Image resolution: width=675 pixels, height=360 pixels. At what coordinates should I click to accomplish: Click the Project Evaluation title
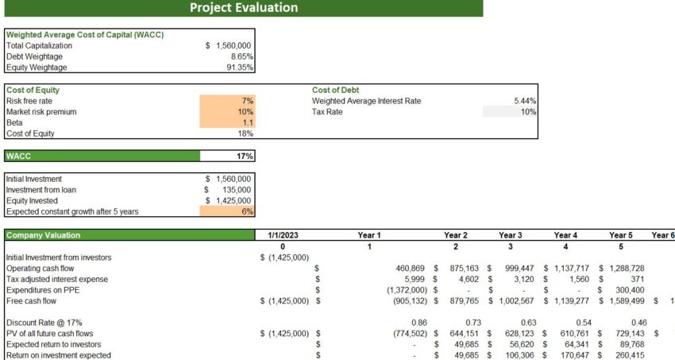[x=244, y=8]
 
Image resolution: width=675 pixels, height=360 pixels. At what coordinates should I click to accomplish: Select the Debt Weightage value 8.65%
[x=239, y=57]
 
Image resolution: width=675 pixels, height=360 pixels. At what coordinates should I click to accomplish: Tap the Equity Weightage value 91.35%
[x=238, y=68]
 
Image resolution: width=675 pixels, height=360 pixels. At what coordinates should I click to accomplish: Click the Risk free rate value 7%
[x=247, y=101]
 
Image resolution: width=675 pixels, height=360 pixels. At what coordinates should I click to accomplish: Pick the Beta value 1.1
[x=247, y=123]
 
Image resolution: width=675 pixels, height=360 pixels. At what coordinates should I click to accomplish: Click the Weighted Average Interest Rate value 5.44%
[x=525, y=101]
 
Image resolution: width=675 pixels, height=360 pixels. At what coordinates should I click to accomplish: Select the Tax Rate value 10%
[x=528, y=112]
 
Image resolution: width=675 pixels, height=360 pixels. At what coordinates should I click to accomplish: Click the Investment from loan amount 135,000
[x=235, y=190]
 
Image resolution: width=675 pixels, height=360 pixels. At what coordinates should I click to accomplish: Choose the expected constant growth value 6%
[x=247, y=212]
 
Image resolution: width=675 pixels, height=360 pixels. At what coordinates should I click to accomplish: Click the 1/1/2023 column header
[x=282, y=235]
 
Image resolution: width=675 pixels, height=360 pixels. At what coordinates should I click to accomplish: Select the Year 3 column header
[x=510, y=235]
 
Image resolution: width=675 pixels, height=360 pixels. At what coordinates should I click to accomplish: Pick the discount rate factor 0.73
[x=461, y=323]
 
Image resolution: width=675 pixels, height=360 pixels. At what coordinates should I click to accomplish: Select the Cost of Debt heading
[x=336, y=90]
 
